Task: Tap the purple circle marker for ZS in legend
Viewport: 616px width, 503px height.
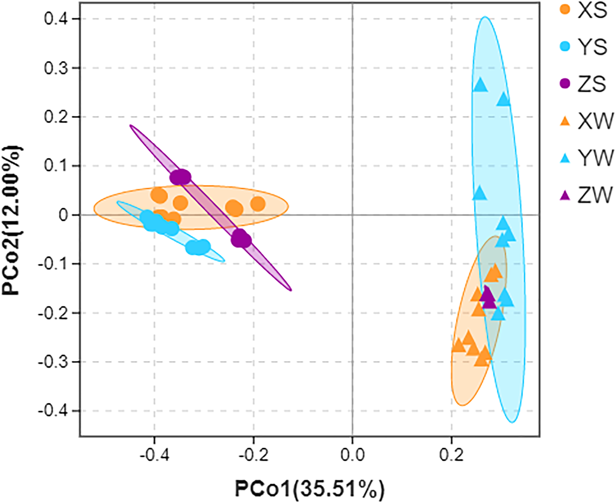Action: coord(565,84)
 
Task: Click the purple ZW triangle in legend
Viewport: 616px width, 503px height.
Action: coord(565,195)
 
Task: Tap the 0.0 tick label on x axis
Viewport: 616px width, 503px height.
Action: coord(352,455)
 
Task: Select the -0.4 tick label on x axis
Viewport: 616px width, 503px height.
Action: coord(154,455)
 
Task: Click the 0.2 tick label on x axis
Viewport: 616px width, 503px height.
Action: coord(452,455)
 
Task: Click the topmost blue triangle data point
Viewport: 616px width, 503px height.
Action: coord(480,85)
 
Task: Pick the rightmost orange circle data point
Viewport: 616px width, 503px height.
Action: coord(258,204)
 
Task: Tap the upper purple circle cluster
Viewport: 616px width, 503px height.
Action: coord(180,177)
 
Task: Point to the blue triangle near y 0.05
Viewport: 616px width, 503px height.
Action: coord(479,194)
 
